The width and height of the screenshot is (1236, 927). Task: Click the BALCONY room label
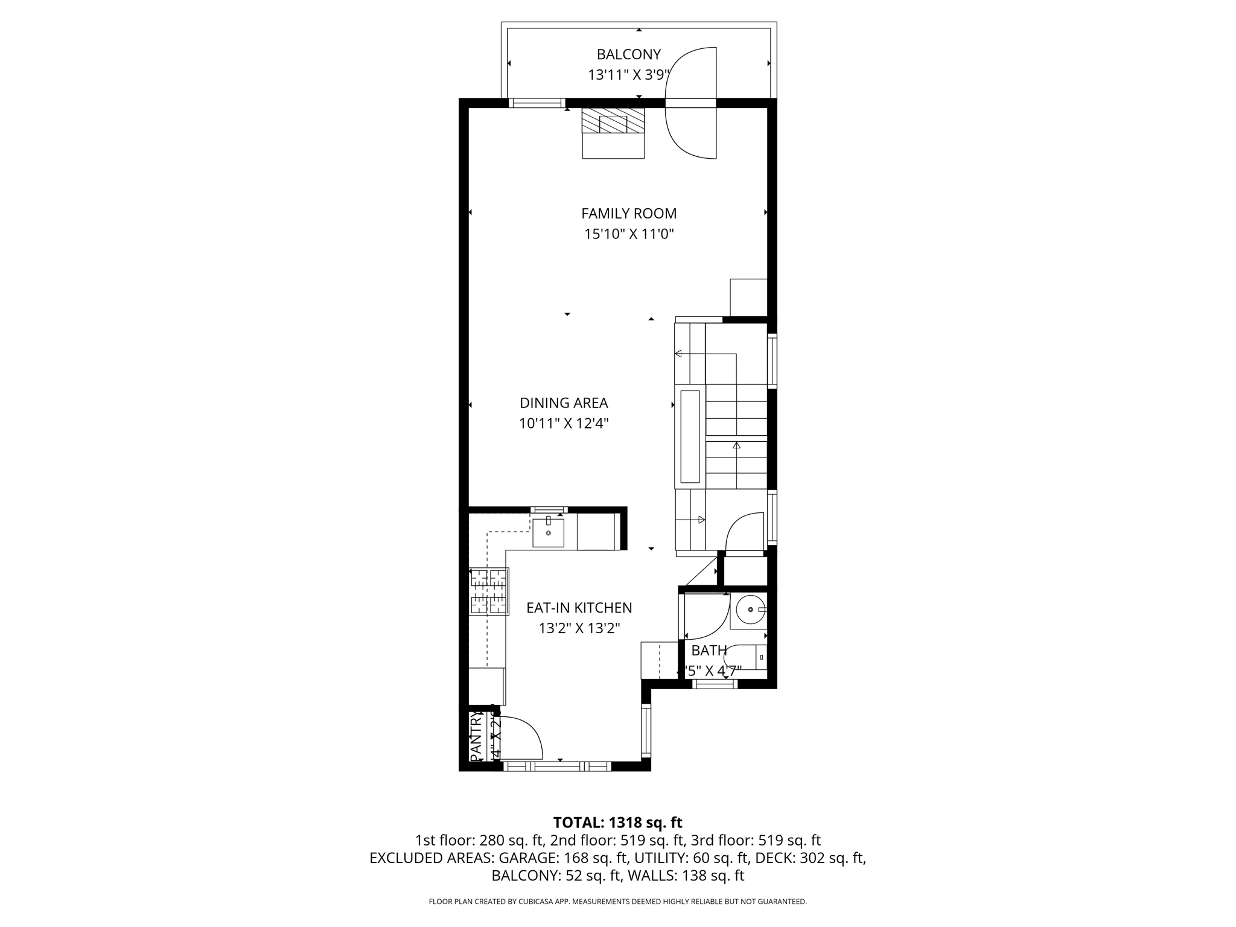(x=628, y=54)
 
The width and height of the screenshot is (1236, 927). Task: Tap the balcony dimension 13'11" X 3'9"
(x=629, y=75)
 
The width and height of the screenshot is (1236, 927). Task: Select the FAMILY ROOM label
(x=628, y=213)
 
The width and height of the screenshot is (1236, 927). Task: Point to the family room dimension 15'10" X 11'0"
(x=628, y=234)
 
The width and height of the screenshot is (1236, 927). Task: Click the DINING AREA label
(x=564, y=403)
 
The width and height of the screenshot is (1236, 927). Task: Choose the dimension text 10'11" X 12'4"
(x=564, y=423)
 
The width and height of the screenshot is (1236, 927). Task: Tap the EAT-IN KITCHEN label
(x=579, y=608)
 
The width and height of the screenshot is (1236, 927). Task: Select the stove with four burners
(x=489, y=591)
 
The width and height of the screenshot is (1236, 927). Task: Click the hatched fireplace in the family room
(x=613, y=121)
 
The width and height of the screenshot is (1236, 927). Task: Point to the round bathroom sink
(x=750, y=610)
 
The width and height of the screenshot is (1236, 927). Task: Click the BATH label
(x=709, y=651)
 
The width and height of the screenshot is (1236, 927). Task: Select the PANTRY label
(x=476, y=736)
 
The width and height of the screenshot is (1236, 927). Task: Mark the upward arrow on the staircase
(x=736, y=445)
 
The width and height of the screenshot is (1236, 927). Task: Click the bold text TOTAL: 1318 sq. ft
(x=617, y=823)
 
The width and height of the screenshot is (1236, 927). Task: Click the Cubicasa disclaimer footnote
(x=617, y=902)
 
